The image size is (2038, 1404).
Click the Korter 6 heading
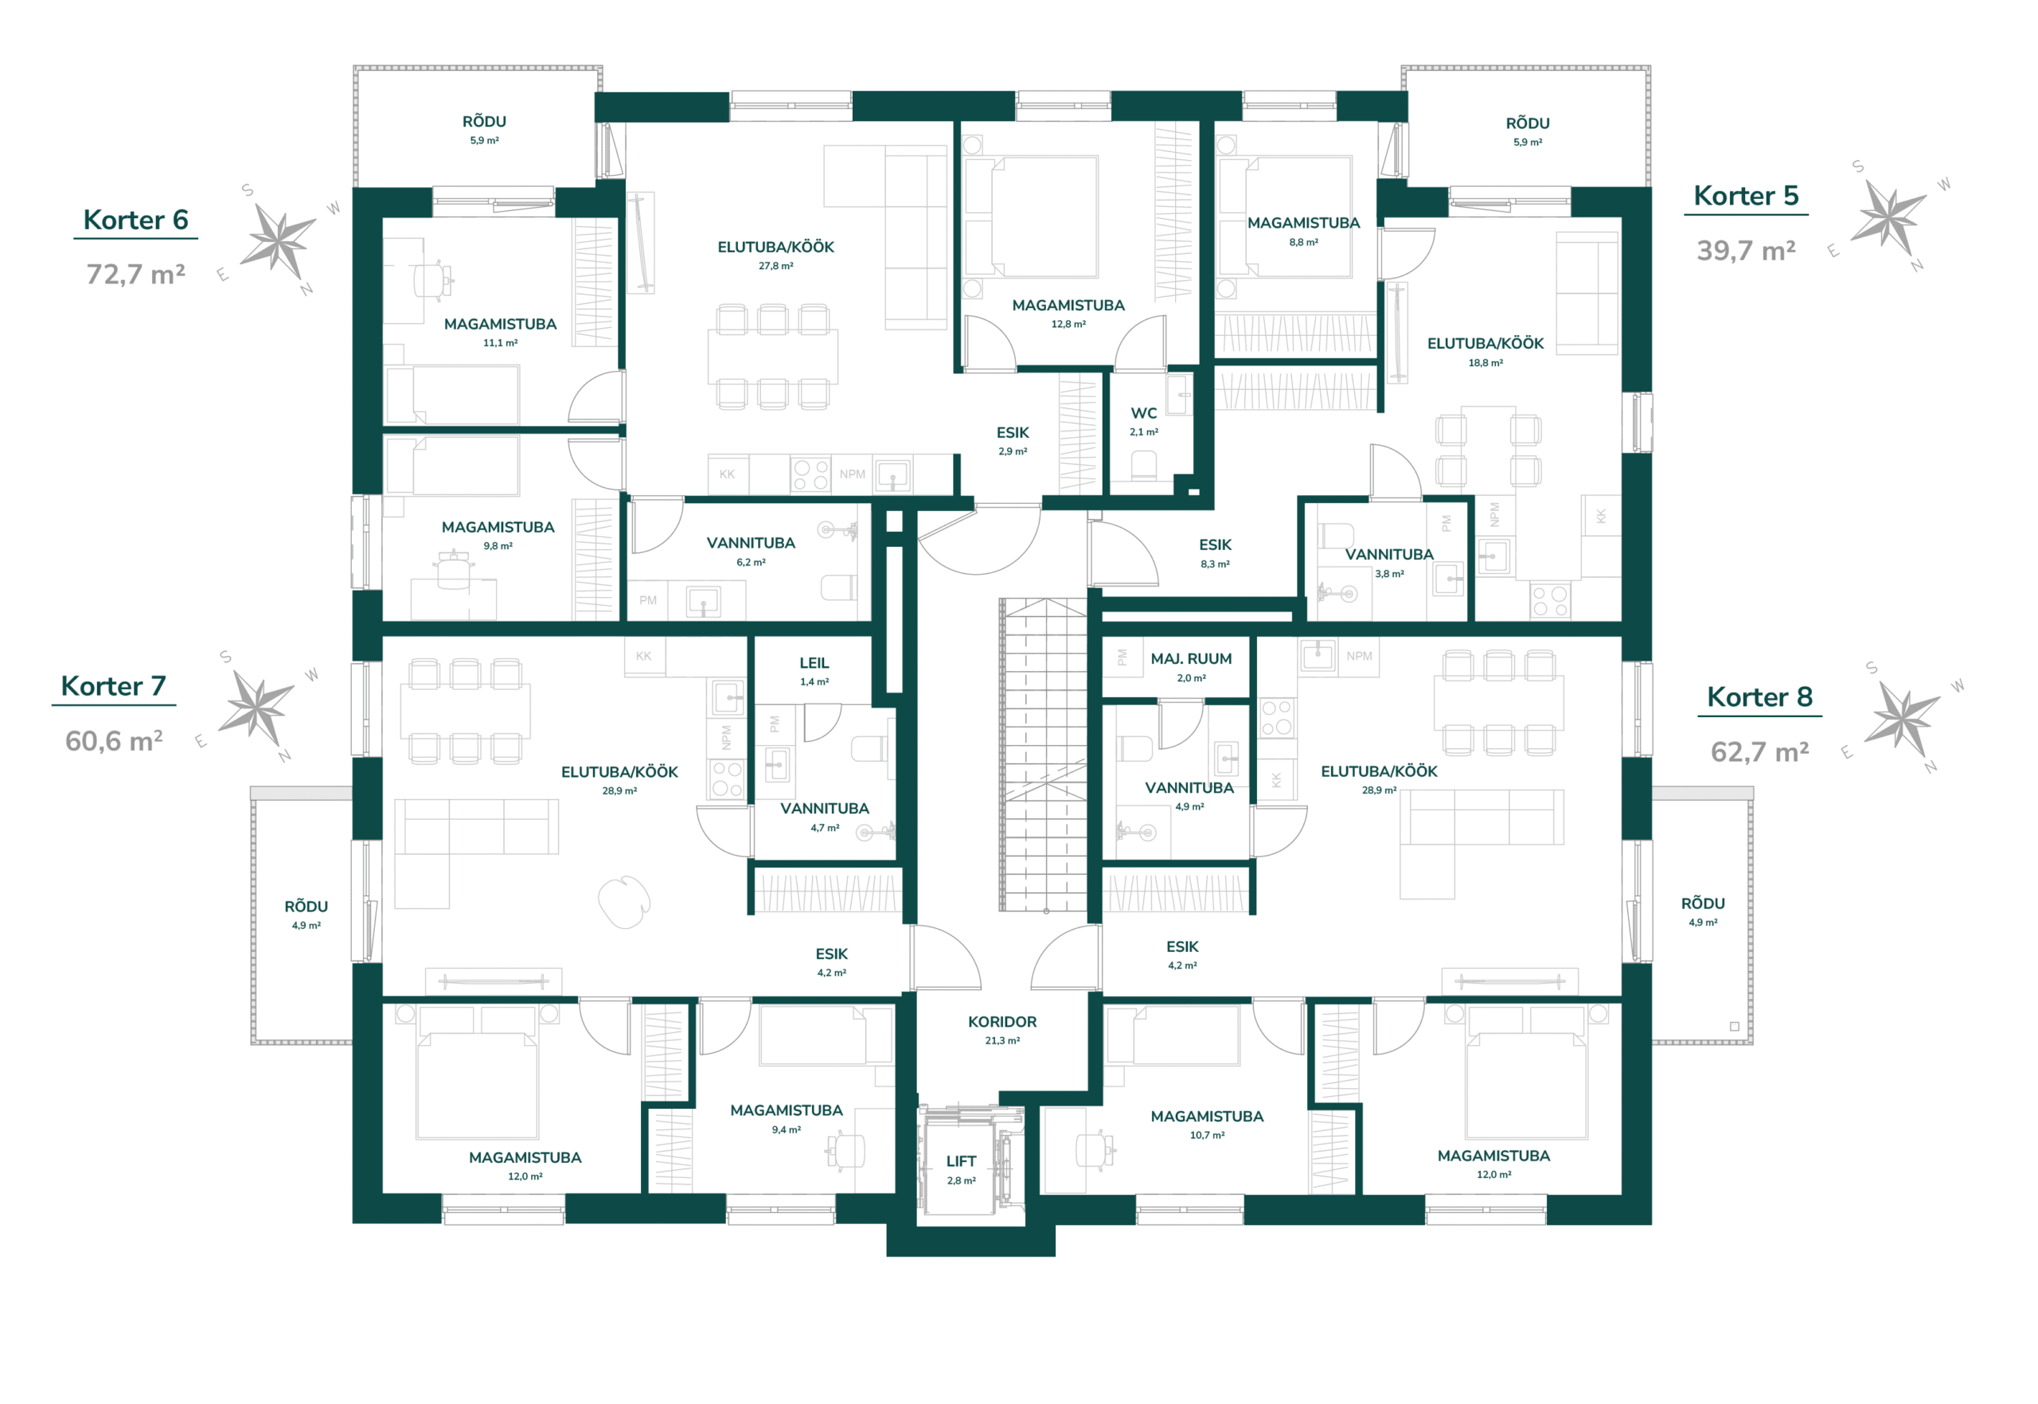coord(135,220)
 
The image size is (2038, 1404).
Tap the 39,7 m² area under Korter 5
coord(1746,251)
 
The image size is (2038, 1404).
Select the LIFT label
coord(961,1161)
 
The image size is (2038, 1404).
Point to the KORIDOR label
coord(1002,1022)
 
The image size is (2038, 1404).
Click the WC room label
coord(1144,413)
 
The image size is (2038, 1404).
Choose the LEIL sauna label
coord(814,663)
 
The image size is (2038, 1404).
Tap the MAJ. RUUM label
coord(1192,659)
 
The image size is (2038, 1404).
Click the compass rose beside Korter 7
coord(256,708)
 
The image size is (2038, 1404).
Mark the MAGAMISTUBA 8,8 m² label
coord(1303,232)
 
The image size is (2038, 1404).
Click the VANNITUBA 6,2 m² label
coord(751,552)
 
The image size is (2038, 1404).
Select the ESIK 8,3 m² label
coord(1215,553)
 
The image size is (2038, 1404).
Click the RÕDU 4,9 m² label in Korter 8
coord(1703,911)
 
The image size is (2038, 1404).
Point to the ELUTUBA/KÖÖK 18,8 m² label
coord(1486,352)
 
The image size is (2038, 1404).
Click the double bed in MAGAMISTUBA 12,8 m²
coord(1031,217)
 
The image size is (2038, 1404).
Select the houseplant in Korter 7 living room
coord(624,902)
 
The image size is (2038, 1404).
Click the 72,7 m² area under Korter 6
coord(135,275)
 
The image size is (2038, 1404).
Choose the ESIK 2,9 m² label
coord(1013,441)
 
